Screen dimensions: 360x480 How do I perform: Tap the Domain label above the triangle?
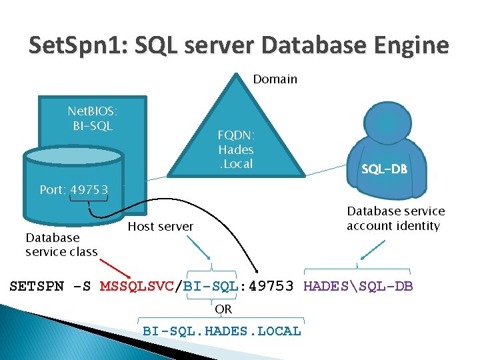tap(275, 79)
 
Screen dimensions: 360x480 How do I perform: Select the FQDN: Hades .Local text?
tap(235, 149)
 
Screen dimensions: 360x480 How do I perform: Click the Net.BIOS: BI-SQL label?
tap(93, 117)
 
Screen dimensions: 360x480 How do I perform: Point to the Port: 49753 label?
tap(73, 189)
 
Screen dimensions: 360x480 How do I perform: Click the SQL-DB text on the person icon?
tap(384, 169)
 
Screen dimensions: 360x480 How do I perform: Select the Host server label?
tap(160, 227)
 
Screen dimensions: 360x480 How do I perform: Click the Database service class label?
tap(61, 244)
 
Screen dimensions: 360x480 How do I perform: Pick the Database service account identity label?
tap(395, 218)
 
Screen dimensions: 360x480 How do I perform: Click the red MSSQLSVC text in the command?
tap(136, 287)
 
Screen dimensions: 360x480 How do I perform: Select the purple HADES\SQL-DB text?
tap(358, 287)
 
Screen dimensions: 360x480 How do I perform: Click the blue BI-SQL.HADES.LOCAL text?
tap(222, 331)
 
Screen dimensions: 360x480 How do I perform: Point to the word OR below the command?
tap(223, 309)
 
